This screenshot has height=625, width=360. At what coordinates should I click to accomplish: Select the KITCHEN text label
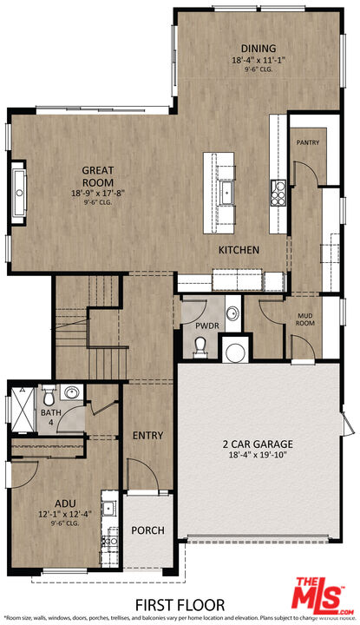239,250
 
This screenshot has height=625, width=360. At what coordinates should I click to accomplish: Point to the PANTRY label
308,142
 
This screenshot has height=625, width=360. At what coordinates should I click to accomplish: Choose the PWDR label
194,326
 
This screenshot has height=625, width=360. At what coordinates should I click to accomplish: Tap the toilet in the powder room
201,346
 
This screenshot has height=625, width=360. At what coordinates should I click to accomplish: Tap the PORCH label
147,530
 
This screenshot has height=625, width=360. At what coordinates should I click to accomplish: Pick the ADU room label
66,502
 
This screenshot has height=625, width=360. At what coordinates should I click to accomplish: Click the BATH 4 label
51,418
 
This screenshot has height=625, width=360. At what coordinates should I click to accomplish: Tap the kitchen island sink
227,189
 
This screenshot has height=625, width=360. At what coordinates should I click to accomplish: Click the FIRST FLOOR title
180,604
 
